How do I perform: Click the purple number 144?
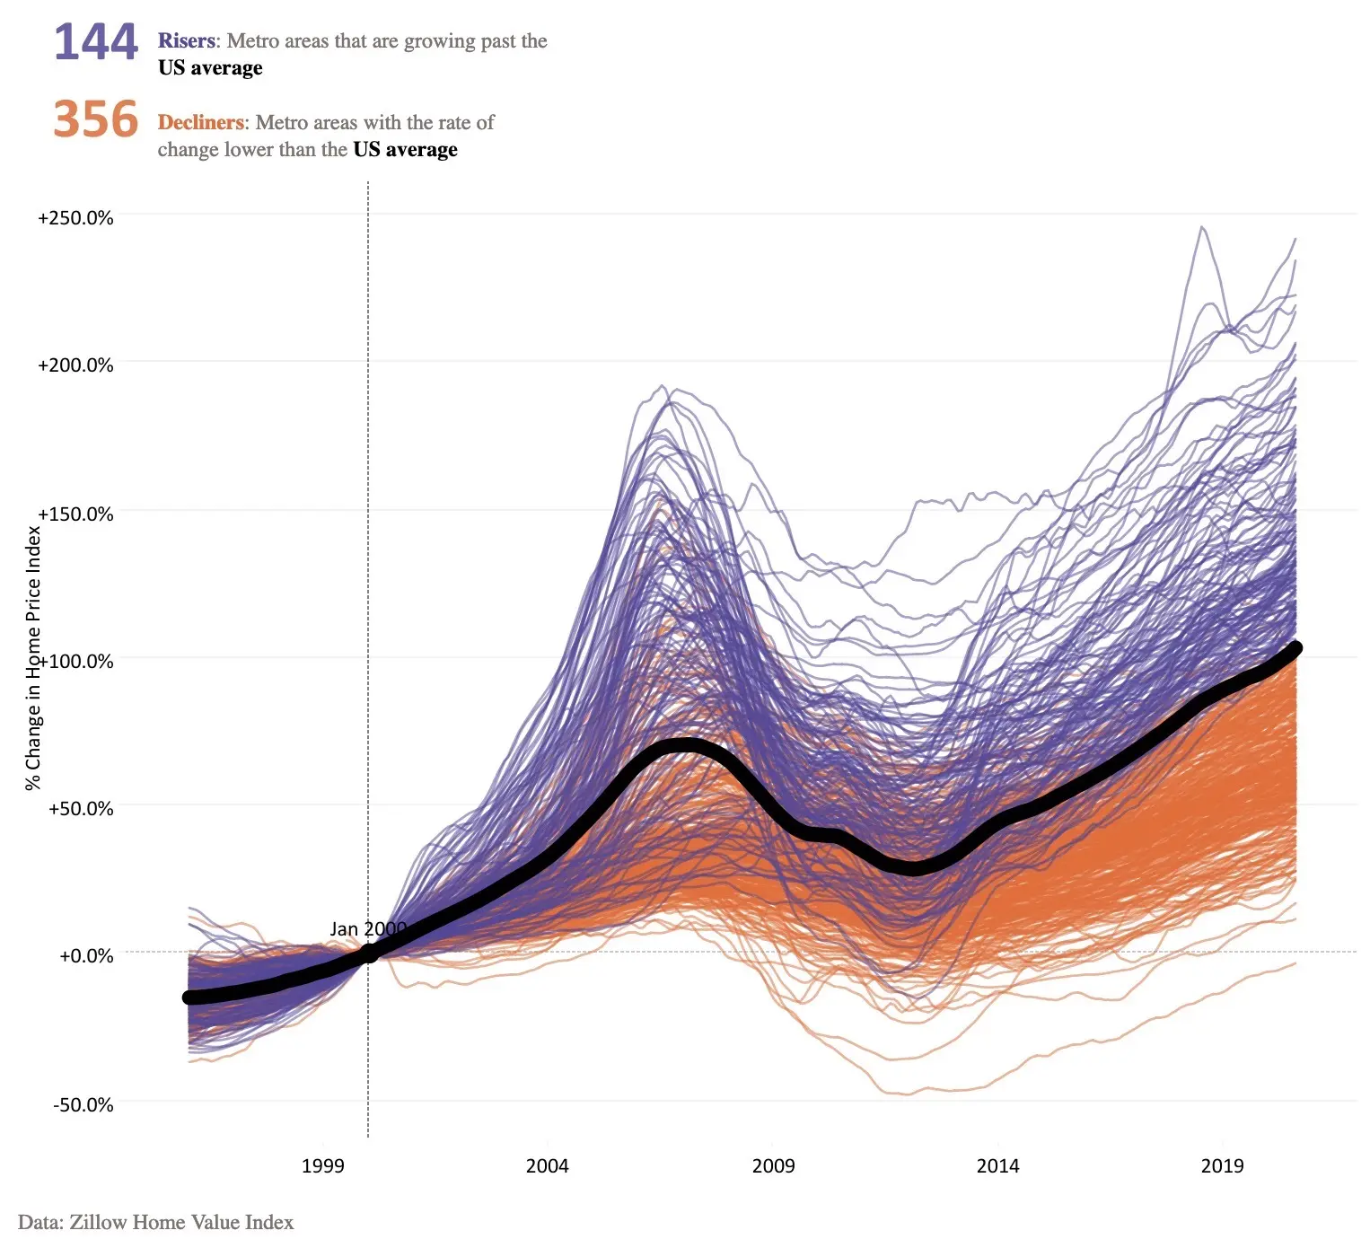pyautogui.click(x=96, y=42)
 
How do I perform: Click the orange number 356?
pyautogui.click(x=96, y=119)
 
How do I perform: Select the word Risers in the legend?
pyautogui.click(x=187, y=41)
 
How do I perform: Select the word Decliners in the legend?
pyautogui.click(x=201, y=123)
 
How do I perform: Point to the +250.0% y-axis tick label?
pyautogui.click(x=75, y=218)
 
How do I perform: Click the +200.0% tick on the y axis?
pyautogui.click(x=75, y=365)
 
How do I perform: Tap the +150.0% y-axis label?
pyautogui.click(x=75, y=514)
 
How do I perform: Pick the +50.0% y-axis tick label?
pyautogui.click(x=81, y=808)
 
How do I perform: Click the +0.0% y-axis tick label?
pyautogui.click(x=86, y=955)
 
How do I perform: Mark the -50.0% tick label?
pyautogui.click(x=83, y=1104)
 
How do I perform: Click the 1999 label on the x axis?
pyautogui.click(x=322, y=1166)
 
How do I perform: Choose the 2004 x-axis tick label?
pyautogui.click(x=547, y=1166)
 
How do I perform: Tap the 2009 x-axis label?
pyautogui.click(x=773, y=1166)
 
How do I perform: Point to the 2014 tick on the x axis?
pyautogui.click(x=997, y=1166)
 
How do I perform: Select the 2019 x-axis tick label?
pyautogui.click(x=1222, y=1166)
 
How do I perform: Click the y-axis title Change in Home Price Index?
pyautogui.click(x=33, y=658)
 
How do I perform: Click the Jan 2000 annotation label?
pyautogui.click(x=367, y=929)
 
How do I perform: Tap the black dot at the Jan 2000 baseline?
pyautogui.click(x=368, y=954)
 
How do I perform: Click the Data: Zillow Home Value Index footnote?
pyautogui.click(x=155, y=1222)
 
